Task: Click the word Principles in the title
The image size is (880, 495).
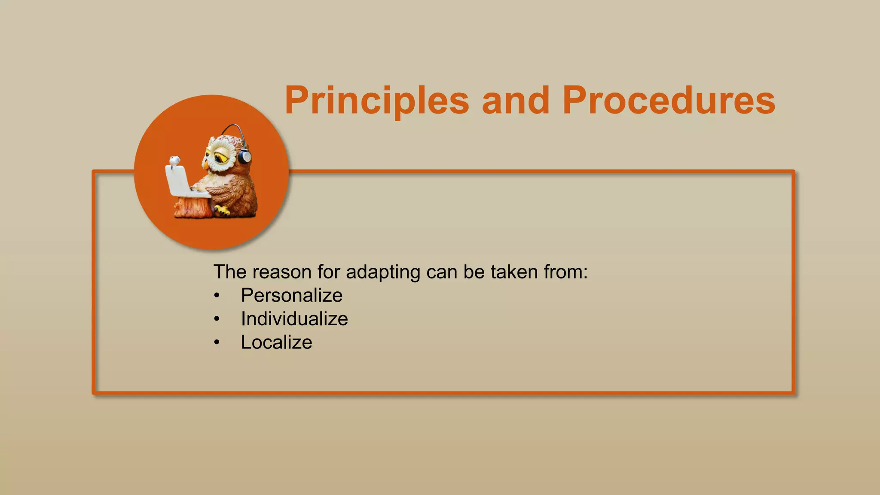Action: [376, 101]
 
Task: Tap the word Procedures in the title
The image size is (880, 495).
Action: [669, 101]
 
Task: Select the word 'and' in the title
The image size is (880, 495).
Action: [515, 101]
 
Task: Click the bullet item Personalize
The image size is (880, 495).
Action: [291, 296]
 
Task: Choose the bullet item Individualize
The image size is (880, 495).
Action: [294, 319]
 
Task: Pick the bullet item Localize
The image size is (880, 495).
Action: [276, 342]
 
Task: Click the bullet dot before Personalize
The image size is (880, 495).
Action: [217, 296]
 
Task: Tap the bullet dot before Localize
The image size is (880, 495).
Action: [217, 342]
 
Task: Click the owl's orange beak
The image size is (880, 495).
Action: [206, 165]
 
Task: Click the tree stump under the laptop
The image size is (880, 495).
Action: [192, 207]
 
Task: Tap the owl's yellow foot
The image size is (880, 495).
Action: [222, 210]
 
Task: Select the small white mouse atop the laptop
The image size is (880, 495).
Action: [174, 161]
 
